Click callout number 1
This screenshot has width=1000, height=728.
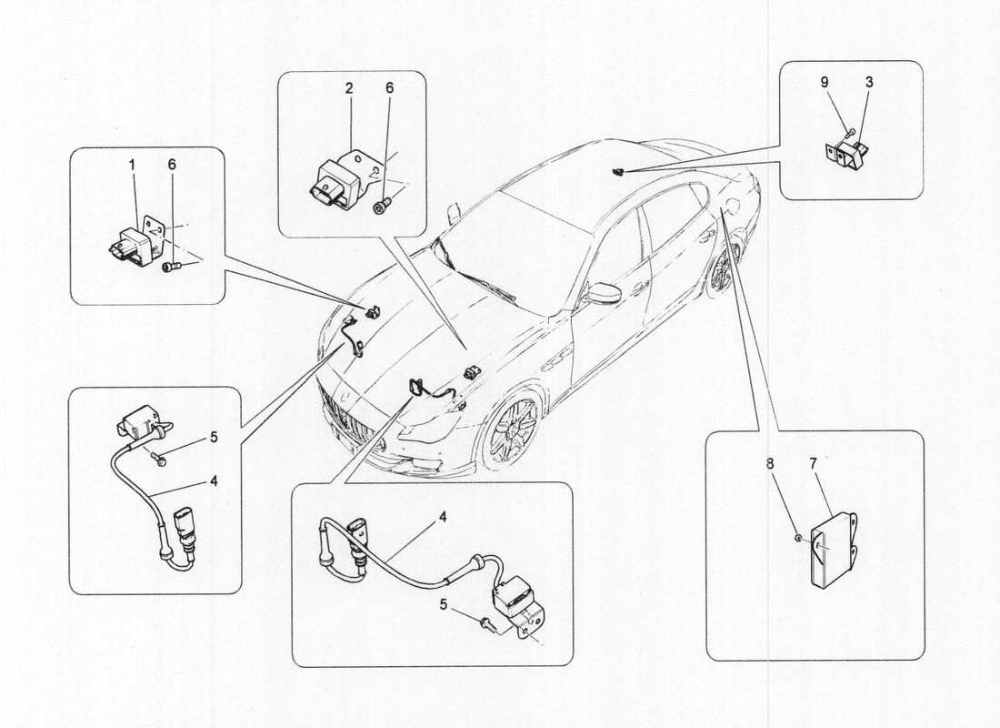[x=132, y=165]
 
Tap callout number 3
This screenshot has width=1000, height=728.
[x=868, y=83]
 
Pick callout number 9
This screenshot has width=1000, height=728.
[x=825, y=83]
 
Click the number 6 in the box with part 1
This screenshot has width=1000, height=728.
[x=172, y=165]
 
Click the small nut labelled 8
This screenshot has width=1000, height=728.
[x=796, y=538]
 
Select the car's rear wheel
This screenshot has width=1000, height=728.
[x=722, y=269]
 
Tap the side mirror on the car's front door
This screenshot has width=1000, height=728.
[x=603, y=293]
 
